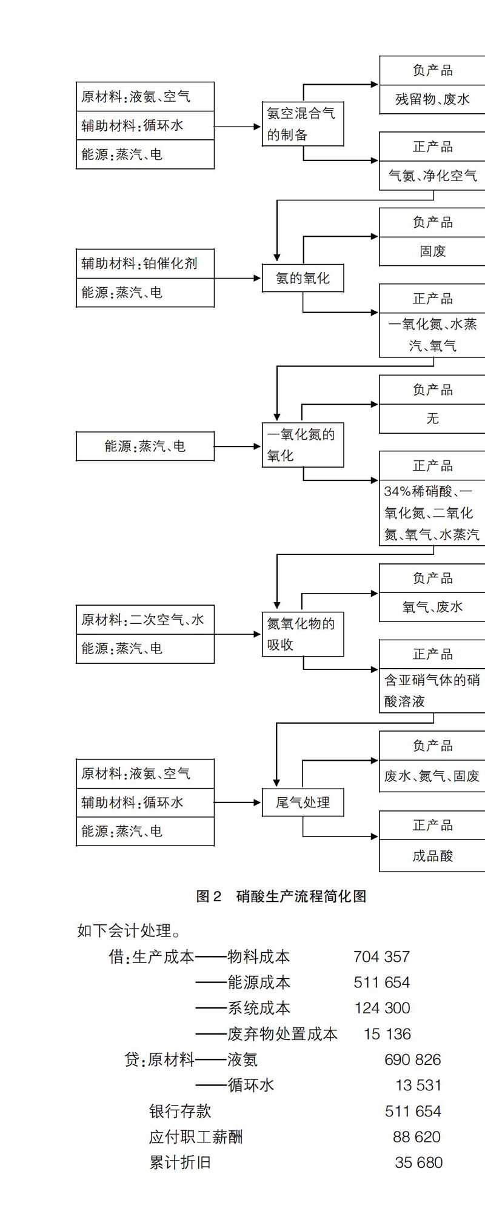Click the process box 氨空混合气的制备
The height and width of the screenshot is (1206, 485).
303,124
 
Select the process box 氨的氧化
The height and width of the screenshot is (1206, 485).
303,278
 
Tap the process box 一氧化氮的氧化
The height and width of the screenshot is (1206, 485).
303,445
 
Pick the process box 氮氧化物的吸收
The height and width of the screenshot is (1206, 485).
303,634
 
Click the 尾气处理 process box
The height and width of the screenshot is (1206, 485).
303,803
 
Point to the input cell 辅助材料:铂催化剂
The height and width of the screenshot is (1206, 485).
145,263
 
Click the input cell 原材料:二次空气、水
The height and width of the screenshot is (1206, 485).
145,620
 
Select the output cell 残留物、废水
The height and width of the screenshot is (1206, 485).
432,99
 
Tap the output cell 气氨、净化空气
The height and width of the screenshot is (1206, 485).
432,176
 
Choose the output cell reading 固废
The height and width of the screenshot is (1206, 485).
432,251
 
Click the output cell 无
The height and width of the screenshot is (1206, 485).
432,419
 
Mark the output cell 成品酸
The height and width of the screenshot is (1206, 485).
432,856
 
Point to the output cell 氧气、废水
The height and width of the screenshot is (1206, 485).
432,607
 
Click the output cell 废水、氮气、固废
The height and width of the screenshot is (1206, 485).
432,776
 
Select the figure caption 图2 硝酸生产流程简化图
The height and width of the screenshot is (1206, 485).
281,896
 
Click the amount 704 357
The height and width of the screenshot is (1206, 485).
382,957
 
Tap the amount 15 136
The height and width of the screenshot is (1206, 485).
387,1034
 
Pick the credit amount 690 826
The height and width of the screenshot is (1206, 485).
413,1059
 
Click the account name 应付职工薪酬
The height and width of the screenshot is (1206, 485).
196,1137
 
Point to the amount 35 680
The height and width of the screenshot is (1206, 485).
418,1162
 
